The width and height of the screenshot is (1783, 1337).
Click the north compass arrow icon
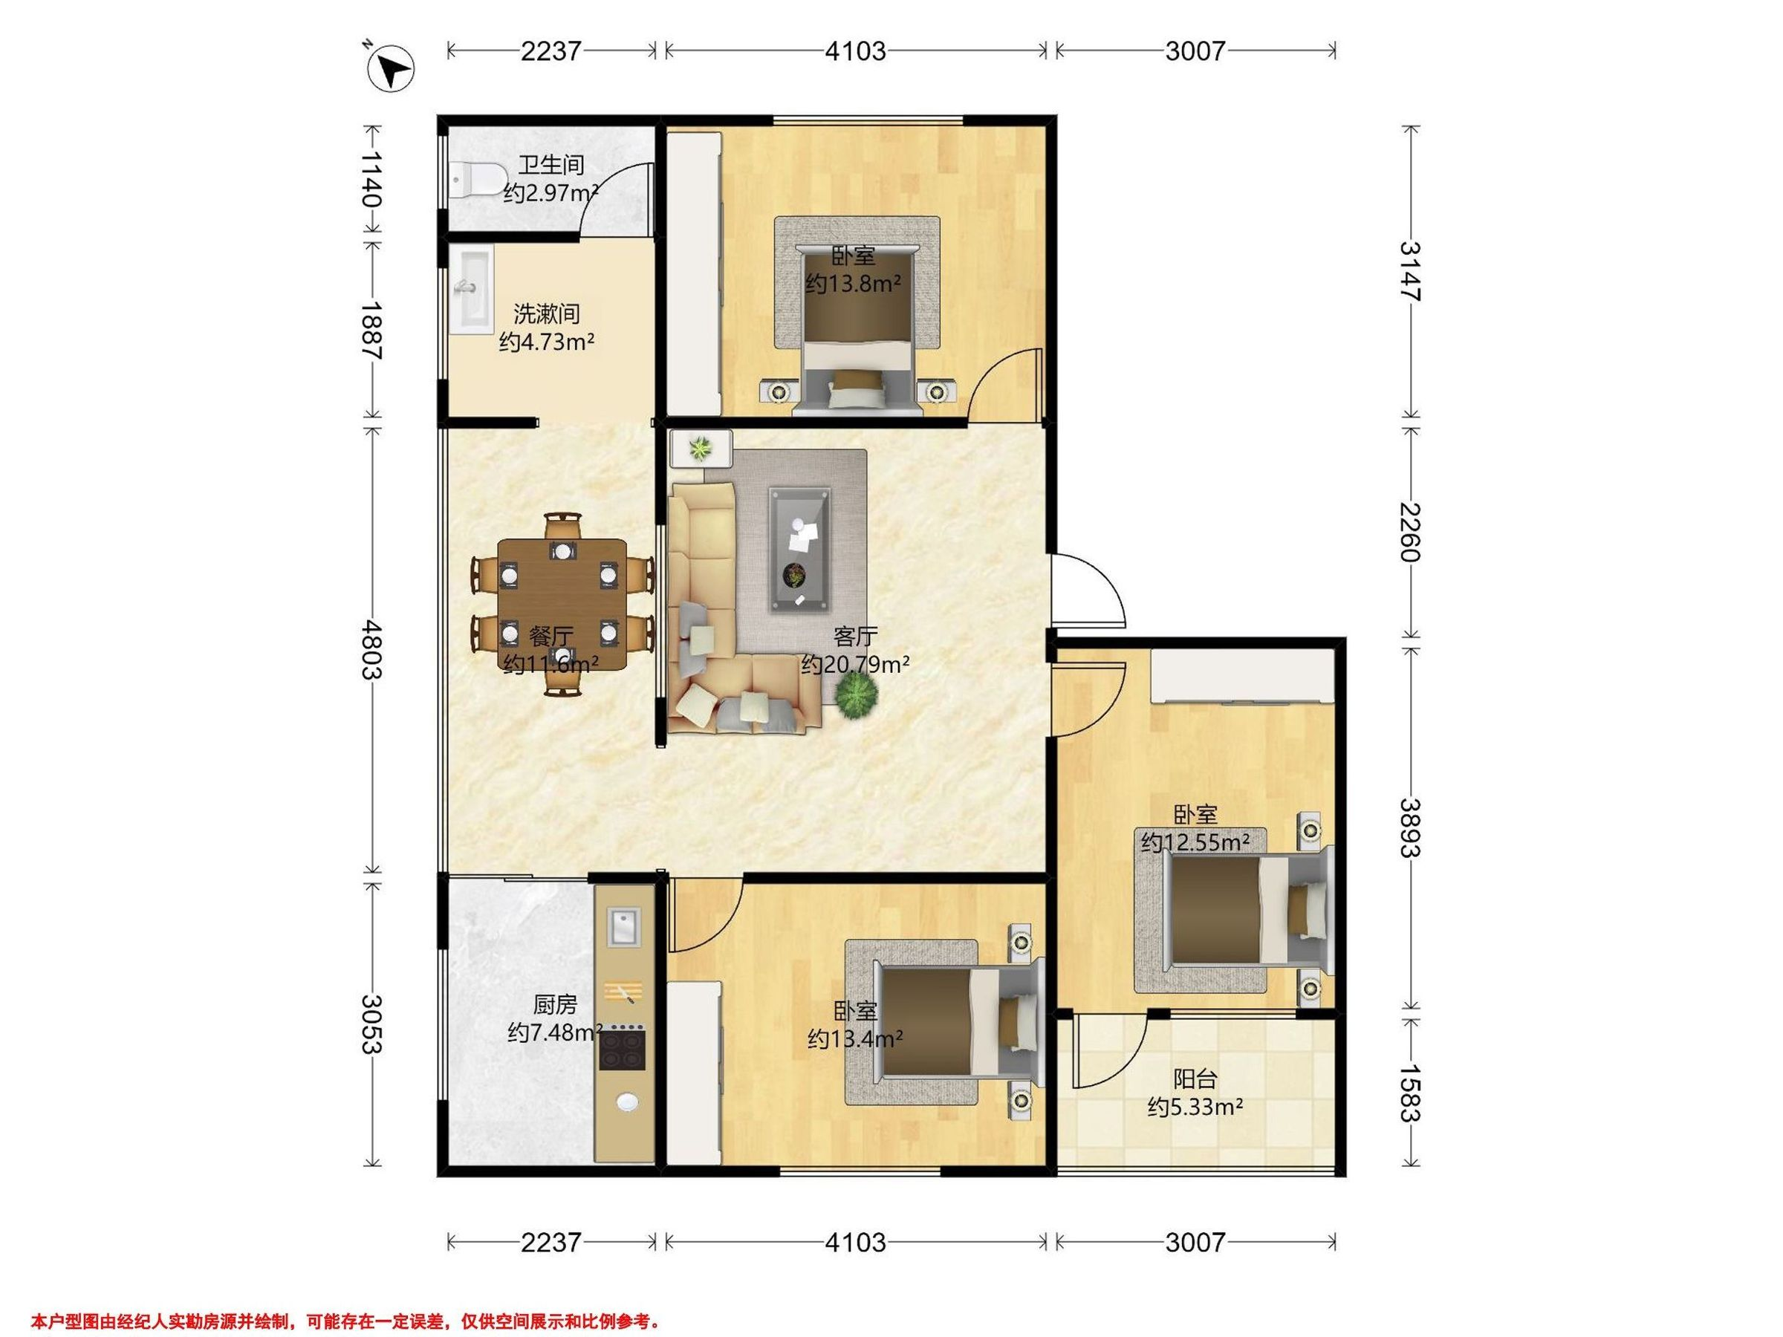pos(391,68)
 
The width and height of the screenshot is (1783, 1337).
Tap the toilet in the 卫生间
pos(475,179)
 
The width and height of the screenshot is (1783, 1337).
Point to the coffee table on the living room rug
pos(799,549)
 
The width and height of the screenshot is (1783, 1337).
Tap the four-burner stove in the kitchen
pos(623,1047)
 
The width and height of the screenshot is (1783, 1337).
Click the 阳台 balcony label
pos(1195,1079)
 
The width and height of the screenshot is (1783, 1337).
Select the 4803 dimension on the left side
pos(371,648)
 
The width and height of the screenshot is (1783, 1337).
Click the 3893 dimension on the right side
pos(1411,827)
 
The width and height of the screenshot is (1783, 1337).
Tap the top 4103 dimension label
pos(855,51)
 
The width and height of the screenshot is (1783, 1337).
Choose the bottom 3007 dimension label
pos(1195,1242)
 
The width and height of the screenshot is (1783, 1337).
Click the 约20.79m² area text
pos(855,665)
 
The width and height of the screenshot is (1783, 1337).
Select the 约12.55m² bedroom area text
pos(1195,843)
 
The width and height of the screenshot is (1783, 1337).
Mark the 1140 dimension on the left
pos(371,179)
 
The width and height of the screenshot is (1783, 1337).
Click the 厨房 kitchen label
pos(556,1004)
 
